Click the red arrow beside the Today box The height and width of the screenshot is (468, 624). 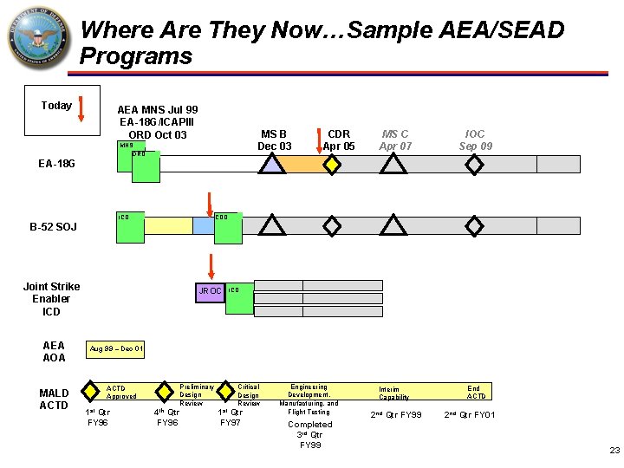(x=80, y=109)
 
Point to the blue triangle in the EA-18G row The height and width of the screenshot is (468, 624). (x=273, y=165)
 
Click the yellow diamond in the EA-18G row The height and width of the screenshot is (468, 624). (x=330, y=165)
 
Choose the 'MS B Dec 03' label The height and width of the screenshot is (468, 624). (x=275, y=140)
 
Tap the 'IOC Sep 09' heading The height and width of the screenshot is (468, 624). (x=475, y=140)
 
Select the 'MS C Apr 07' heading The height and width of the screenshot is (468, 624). (x=395, y=140)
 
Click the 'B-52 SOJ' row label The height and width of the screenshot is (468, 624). (x=53, y=227)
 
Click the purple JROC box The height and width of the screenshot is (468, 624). (x=210, y=291)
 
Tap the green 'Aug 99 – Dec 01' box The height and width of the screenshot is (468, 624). (x=117, y=348)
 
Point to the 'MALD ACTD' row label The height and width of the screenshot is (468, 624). (x=54, y=399)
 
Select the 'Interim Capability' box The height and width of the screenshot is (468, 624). (x=395, y=392)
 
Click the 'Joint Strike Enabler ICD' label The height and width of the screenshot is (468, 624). (x=52, y=299)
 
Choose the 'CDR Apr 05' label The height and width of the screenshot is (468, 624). (x=339, y=140)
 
